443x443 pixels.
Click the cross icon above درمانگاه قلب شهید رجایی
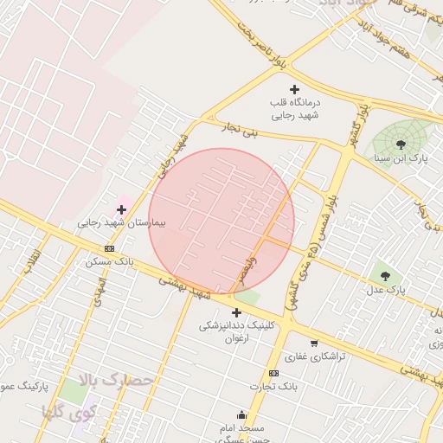pyautogui.click(x=294, y=89)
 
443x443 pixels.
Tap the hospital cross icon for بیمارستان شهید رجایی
pyautogui.click(x=121, y=209)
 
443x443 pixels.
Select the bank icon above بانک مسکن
pyautogui.click(x=108, y=248)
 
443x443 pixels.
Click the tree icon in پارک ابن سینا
pyautogui.click(x=400, y=144)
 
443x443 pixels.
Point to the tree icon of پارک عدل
pyautogui.click(x=385, y=275)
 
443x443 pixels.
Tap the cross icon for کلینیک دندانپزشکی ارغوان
pyautogui.click(x=235, y=312)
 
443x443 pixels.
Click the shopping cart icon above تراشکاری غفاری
pyautogui.click(x=314, y=343)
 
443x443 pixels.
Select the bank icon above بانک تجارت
pyautogui.click(x=273, y=373)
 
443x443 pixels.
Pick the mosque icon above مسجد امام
pyautogui.click(x=241, y=414)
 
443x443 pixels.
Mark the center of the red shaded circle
pyautogui.click(x=221, y=221)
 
